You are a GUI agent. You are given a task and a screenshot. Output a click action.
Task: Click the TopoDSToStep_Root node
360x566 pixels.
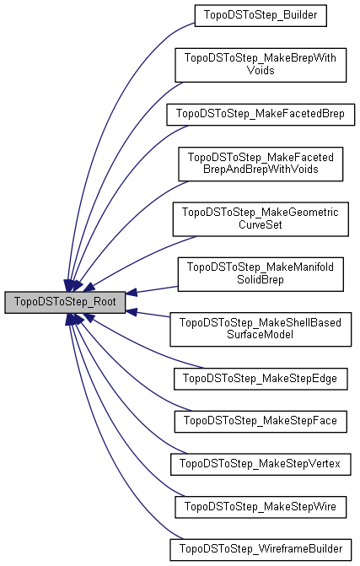click(65, 301)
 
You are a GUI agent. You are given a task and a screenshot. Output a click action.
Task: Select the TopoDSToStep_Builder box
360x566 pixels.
click(260, 15)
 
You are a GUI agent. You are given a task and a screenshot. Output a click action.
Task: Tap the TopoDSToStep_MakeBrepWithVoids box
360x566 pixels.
click(260, 64)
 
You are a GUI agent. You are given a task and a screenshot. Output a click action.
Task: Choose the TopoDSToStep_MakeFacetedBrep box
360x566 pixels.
click(260, 113)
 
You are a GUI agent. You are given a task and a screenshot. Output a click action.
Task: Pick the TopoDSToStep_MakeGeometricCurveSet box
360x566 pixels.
click(260, 218)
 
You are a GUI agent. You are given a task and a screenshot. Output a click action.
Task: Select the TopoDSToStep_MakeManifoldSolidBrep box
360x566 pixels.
click(260, 273)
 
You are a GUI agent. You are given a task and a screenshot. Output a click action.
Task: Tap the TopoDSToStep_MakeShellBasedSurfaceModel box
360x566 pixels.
click(260, 328)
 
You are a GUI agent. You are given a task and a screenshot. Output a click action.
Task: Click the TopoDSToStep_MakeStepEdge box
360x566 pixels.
click(260, 379)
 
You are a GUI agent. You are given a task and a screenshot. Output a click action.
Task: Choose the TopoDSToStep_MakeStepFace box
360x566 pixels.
click(260, 418)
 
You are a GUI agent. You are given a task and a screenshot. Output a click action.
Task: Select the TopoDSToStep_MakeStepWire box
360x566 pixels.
click(260, 507)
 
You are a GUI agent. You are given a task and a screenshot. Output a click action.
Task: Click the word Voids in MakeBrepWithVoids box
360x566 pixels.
click(260, 71)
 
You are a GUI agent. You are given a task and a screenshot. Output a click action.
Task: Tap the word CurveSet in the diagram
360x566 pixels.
click(260, 225)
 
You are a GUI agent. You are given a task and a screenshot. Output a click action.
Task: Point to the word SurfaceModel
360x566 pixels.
click(260, 335)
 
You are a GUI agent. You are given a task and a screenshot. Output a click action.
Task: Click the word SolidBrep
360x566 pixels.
click(260, 280)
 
